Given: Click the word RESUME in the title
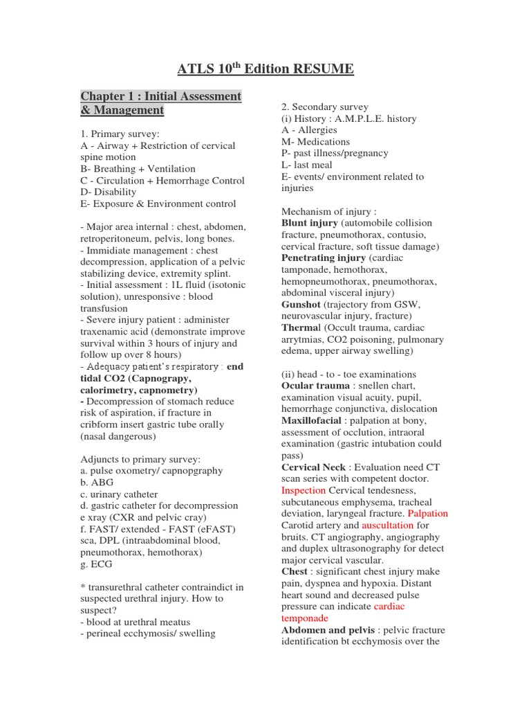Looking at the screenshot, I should point(323,69).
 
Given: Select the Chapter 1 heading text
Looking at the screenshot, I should point(161,103).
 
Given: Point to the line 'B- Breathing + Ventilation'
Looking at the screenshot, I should point(138,169).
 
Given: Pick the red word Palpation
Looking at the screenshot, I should point(428,514).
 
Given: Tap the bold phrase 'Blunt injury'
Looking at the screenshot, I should point(310,223).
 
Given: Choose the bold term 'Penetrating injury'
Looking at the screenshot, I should point(323,258).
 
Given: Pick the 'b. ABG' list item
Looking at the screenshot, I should point(97,483).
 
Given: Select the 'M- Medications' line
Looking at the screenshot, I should point(315,141).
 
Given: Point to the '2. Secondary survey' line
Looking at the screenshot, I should point(324,107).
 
